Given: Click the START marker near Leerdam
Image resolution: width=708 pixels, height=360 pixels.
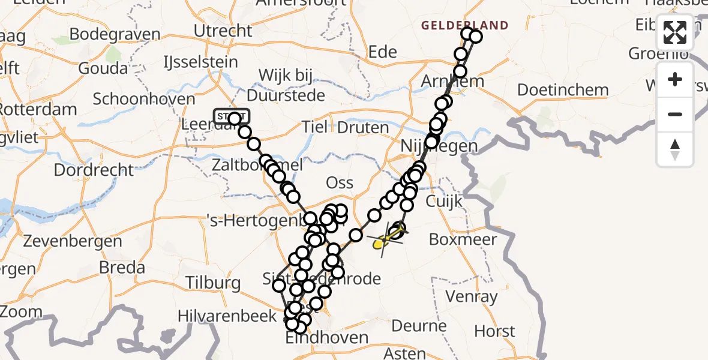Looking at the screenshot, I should [x=230, y=116].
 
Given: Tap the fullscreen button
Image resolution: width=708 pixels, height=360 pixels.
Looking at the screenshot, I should [x=675, y=32].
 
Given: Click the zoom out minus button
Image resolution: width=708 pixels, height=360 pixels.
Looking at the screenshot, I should [x=675, y=114].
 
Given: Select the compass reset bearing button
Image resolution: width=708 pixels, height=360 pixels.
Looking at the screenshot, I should [x=675, y=149].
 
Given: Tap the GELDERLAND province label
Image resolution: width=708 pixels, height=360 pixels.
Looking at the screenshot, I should [x=464, y=26].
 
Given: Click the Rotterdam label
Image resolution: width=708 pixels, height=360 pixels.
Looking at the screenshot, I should [x=38, y=110].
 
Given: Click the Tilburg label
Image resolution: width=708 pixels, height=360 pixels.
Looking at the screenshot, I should [x=213, y=283].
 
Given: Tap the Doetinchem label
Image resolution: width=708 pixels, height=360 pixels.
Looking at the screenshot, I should [x=562, y=91].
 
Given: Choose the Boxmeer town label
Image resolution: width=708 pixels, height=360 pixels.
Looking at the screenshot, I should [x=463, y=240].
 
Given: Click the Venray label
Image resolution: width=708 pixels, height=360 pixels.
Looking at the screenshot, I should [x=472, y=296].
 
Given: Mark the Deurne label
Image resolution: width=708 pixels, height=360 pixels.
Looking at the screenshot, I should [x=419, y=326].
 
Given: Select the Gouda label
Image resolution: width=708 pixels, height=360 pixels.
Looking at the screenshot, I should [x=103, y=68].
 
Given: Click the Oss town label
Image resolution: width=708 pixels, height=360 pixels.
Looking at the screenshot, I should [x=339, y=183].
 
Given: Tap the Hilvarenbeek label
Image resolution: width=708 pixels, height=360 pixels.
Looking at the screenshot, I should [x=230, y=316].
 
